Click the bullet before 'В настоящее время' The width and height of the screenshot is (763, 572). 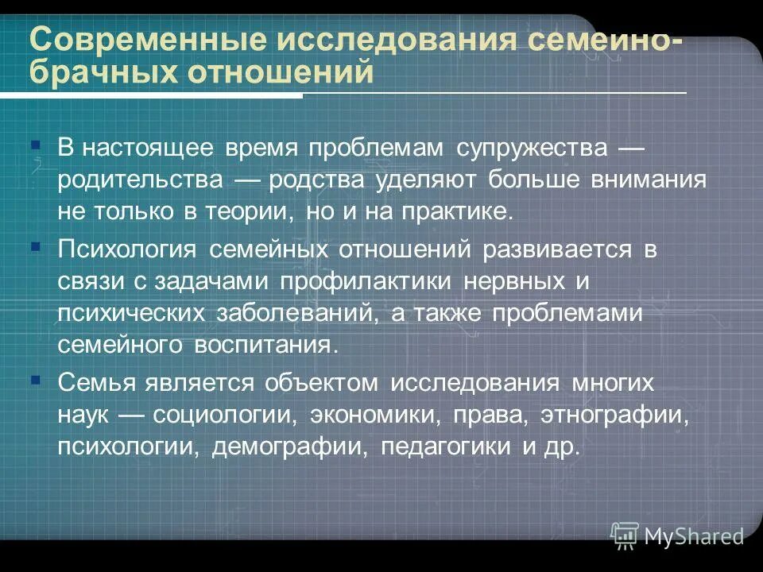click(35, 146)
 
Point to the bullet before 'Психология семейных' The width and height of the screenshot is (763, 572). click(35, 247)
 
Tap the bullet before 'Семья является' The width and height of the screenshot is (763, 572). click(35, 380)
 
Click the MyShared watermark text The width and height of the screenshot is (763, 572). click(694, 536)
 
